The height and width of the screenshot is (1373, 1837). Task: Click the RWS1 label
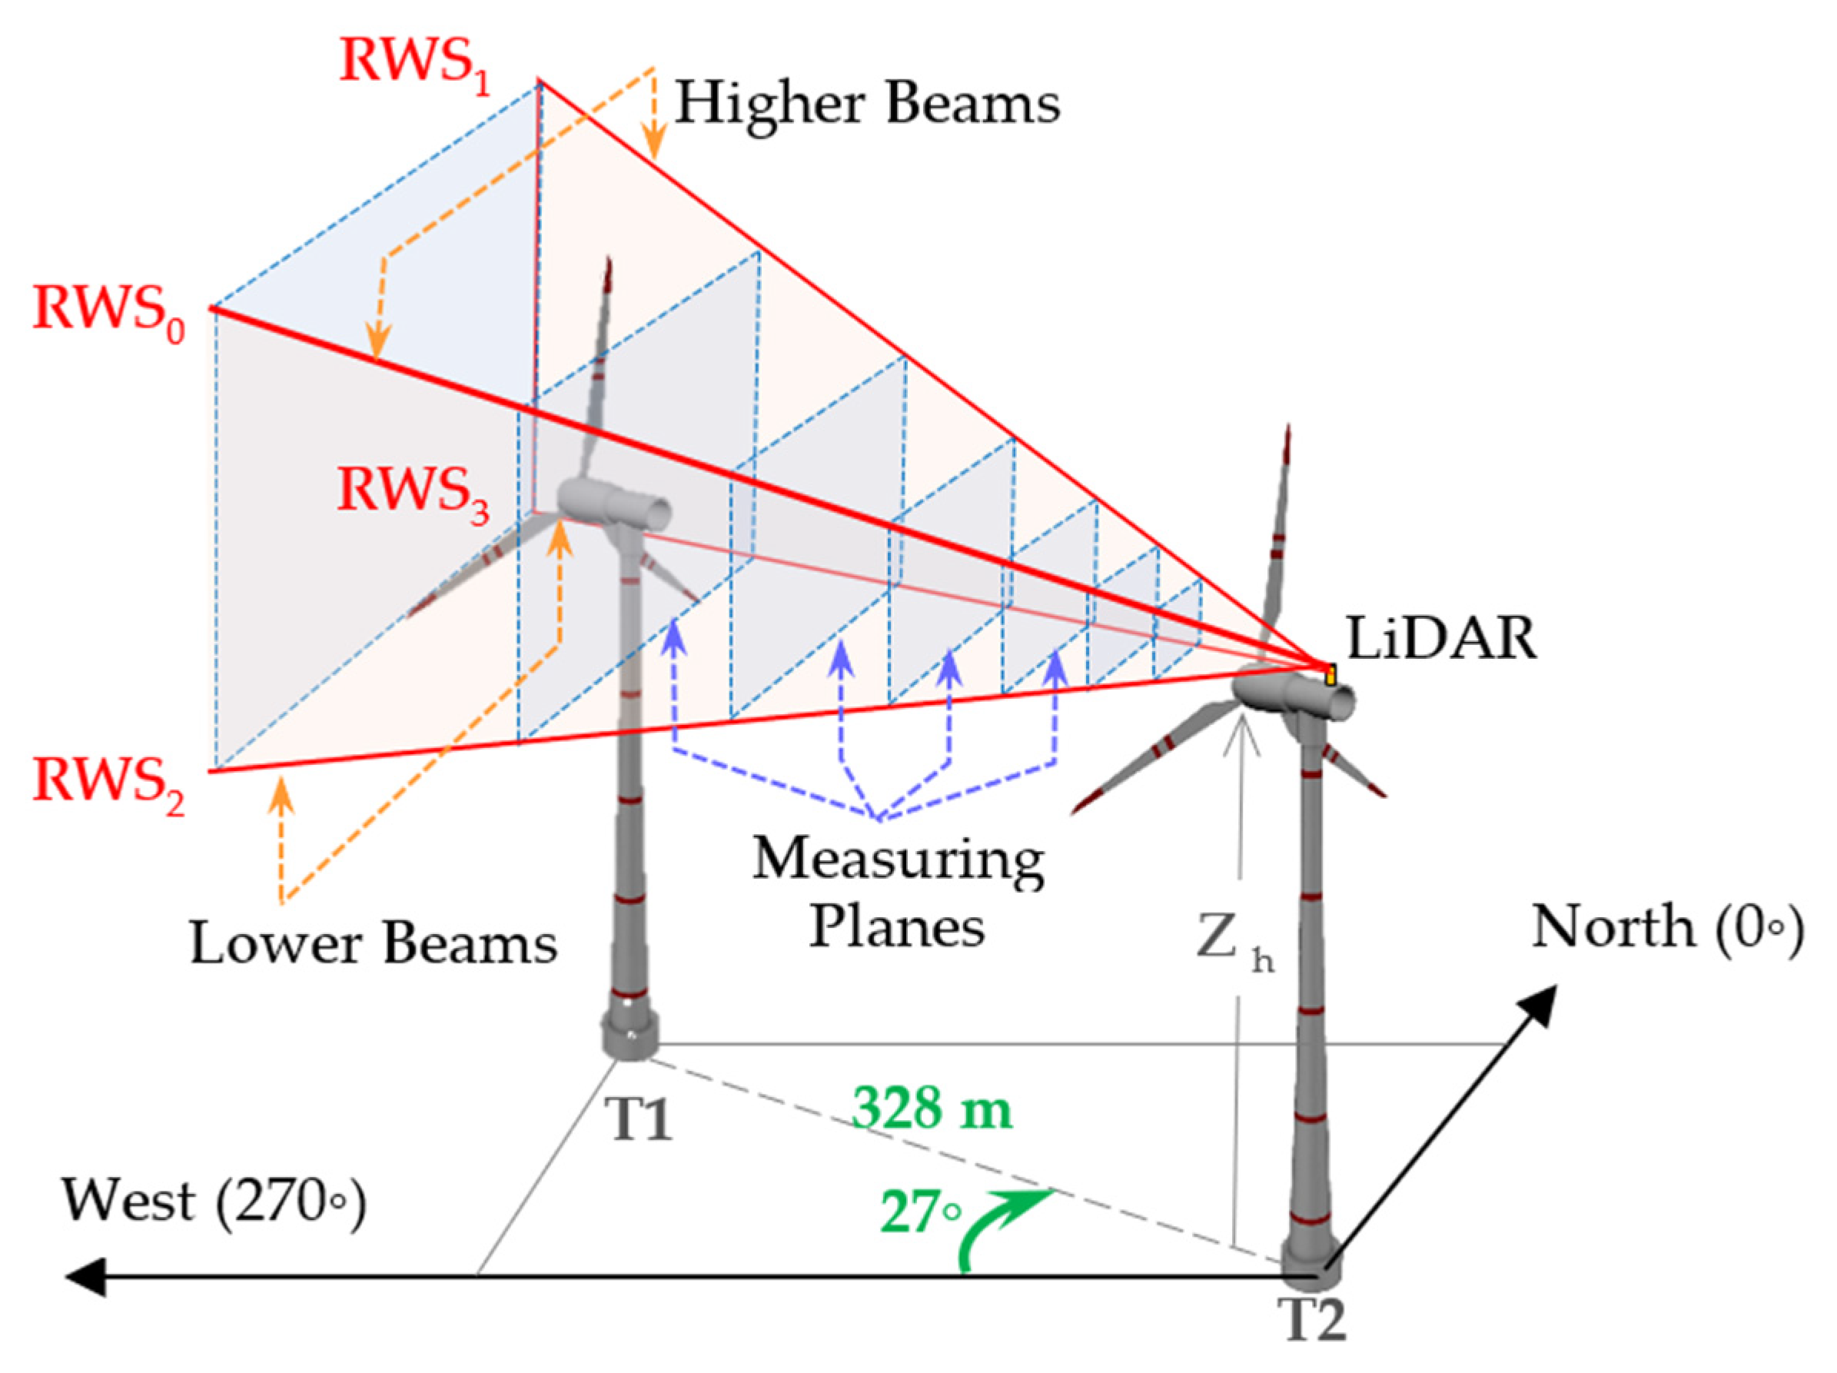[x=414, y=64]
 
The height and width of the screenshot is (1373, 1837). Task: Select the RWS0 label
[x=108, y=311]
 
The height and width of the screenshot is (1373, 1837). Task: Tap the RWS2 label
[x=108, y=783]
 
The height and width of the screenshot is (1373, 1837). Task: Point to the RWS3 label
[x=412, y=493]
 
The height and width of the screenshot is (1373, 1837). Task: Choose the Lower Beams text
[x=374, y=944]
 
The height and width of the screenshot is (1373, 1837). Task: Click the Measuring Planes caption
[x=899, y=892]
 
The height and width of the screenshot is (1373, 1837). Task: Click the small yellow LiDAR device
[x=1330, y=674]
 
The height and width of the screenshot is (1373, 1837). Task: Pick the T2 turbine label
[x=1311, y=1318]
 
